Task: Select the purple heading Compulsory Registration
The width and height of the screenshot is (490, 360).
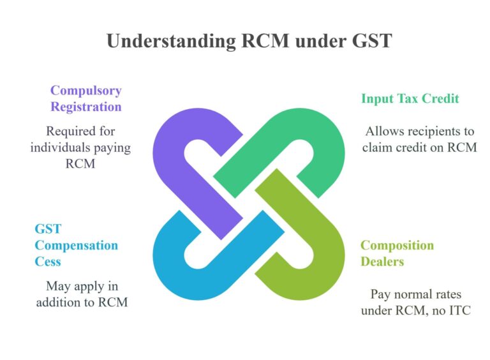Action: pyautogui.click(x=85, y=98)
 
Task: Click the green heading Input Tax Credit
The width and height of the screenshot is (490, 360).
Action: pyautogui.click(x=410, y=99)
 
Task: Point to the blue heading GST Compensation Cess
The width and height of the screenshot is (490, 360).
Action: pyautogui.click(x=76, y=245)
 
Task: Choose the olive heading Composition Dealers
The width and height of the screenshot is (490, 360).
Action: pyautogui.click(x=397, y=253)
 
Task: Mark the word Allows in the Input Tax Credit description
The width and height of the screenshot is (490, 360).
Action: pyautogui.click(x=385, y=131)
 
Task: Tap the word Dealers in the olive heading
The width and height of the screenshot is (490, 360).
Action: pyautogui.click(x=382, y=261)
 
